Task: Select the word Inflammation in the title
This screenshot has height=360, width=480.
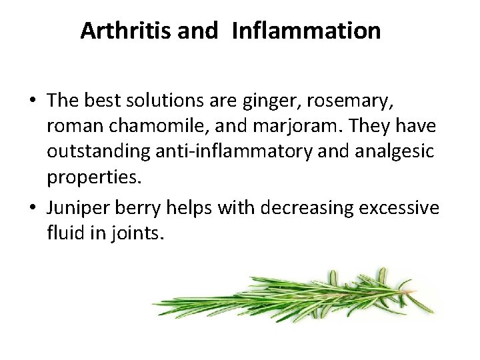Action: point(307,31)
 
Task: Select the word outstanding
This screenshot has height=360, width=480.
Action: point(98,151)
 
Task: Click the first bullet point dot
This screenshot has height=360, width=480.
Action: point(33,101)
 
